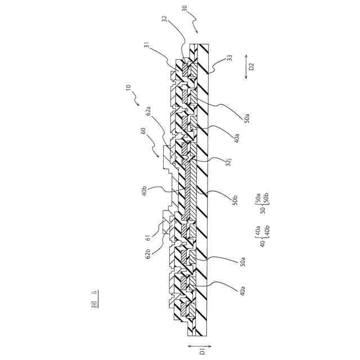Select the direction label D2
coord(252,65)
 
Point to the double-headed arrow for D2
coord(247,65)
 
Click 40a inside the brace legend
coord(253,231)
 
